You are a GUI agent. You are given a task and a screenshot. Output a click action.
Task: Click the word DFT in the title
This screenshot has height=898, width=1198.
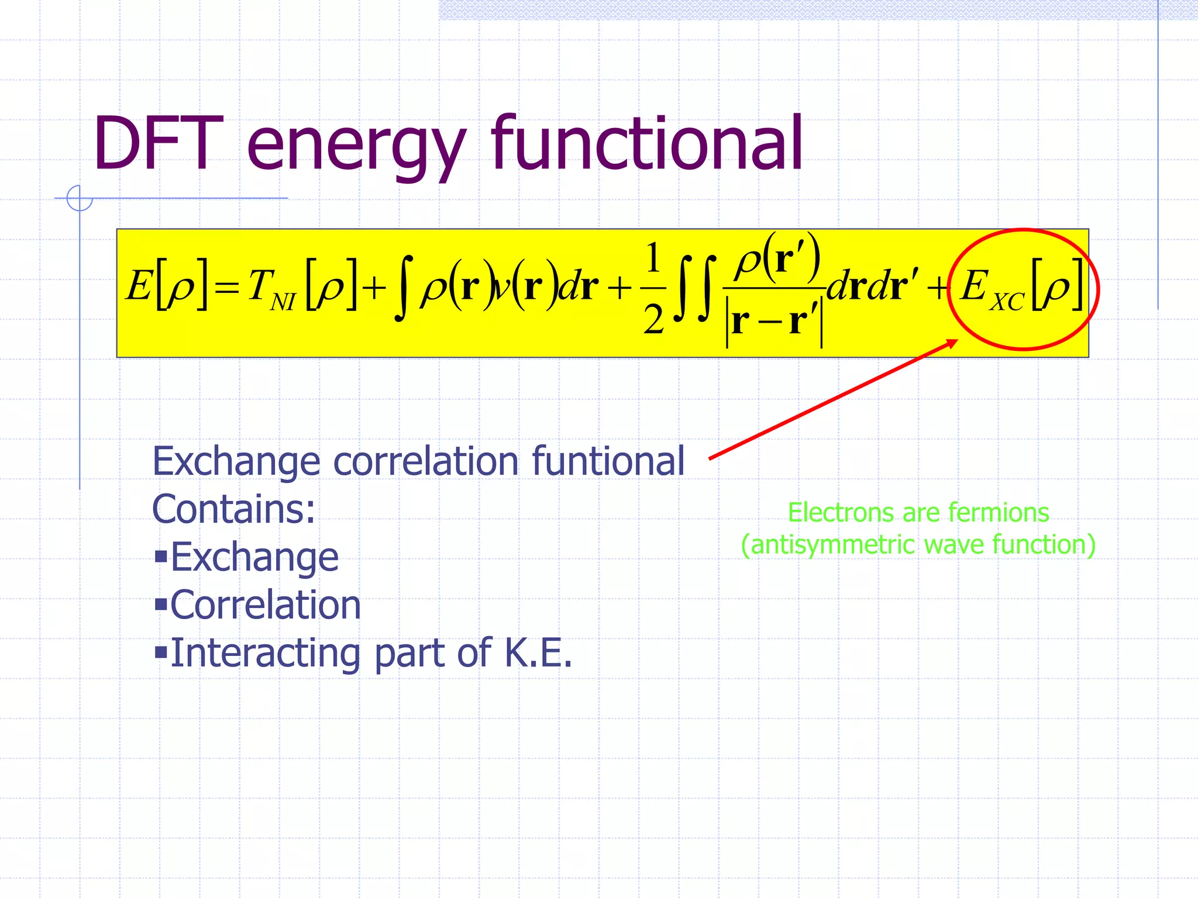pyautogui.click(x=158, y=144)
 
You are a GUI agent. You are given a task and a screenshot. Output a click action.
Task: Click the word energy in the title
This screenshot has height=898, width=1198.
pyautogui.click(x=357, y=146)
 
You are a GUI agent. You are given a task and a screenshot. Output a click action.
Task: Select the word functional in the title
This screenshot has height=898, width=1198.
pyautogui.click(x=646, y=144)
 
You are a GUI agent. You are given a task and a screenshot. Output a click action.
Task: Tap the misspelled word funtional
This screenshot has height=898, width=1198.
pyautogui.click(x=608, y=461)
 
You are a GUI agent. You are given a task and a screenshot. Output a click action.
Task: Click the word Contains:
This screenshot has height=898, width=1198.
pyautogui.click(x=233, y=509)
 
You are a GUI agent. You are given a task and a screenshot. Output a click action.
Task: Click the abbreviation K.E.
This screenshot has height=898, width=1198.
pyautogui.click(x=538, y=652)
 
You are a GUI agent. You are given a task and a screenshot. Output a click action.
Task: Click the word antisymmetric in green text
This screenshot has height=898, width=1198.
pyautogui.click(x=831, y=545)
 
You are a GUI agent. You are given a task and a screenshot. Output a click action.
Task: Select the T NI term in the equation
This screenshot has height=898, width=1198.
pyautogui.click(x=271, y=288)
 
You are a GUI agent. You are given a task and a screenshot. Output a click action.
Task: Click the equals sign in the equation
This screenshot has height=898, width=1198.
pyautogui.click(x=226, y=288)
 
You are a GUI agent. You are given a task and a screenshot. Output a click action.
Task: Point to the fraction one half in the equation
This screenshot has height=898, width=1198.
pyautogui.click(x=653, y=288)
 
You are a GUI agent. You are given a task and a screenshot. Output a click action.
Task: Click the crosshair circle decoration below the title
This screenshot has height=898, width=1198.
pyautogui.click(x=80, y=198)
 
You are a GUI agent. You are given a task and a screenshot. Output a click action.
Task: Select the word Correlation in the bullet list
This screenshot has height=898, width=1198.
pyautogui.click(x=266, y=605)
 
